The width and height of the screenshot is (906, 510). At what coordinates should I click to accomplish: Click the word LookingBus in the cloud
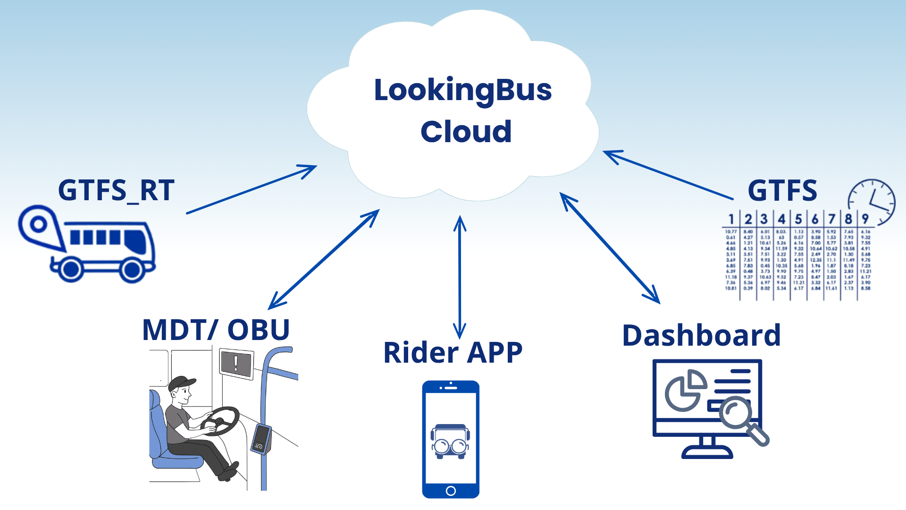click(x=462, y=91)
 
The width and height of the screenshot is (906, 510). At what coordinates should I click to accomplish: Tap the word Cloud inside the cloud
click(x=466, y=132)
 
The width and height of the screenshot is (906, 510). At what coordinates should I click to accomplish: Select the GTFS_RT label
click(x=116, y=191)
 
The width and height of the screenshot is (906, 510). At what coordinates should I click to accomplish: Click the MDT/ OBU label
click(x=216, y=330)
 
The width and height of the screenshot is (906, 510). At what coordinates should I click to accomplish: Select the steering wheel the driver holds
click(x=222, y=420)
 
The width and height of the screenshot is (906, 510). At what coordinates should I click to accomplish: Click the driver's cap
click(x=182, y=382)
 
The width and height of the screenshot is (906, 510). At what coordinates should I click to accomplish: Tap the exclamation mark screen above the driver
click(x=236, y=364)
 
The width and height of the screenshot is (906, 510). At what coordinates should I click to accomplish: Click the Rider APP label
click(x=453, y=353)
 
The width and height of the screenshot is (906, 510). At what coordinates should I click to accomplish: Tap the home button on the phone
click(x=451, y=491)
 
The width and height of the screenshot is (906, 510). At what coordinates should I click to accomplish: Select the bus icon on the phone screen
click(x=451, y=442)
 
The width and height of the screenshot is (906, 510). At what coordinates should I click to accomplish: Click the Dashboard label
click(x=701, y=336)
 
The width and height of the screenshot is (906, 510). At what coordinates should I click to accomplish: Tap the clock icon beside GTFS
click(x=872, y=202)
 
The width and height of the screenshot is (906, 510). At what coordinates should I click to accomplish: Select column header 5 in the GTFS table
click(x=798, y=219)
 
